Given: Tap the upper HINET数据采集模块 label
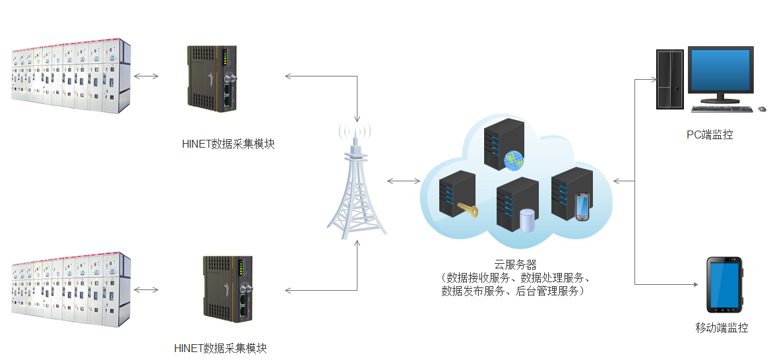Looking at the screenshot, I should (x=228, y=144).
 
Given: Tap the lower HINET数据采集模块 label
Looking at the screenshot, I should (x=220, y=349).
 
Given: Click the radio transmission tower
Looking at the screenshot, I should (x=357, y=185).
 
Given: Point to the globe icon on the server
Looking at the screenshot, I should (x=513, y=159).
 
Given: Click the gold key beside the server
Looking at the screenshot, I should (x=468, y=211).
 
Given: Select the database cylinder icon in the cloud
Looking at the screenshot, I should (x=527, y=220).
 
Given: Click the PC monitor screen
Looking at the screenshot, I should (x=720, y=71).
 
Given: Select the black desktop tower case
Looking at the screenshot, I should (x=669, y=79).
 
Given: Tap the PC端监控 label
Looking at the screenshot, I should (x=710, y=135).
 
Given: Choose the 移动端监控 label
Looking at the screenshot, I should (x=722, y=328).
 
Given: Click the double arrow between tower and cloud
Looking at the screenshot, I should (x=404, y=181).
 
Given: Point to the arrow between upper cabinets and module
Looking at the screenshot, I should (x=146, y=76).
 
